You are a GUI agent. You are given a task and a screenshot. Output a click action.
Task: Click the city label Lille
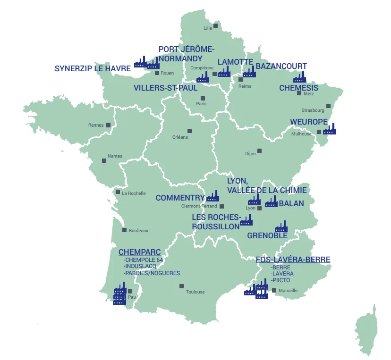click(208, 28)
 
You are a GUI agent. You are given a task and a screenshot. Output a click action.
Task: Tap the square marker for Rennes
click(109, 125)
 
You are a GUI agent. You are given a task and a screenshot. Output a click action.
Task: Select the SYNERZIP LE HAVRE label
click(92, 69)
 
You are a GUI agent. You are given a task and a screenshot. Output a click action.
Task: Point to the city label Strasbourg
click(313, 110)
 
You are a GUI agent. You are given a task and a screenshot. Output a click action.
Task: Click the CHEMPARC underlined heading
click(139, 252)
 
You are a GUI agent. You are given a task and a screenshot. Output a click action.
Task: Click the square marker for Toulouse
click(181, 286)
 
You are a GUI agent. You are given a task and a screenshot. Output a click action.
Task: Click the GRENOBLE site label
click(267, 235)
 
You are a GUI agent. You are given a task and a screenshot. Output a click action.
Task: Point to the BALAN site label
click(291, 204)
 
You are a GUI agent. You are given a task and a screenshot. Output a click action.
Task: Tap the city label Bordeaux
click(138, 231)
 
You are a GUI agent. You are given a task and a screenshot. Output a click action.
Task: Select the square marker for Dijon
click(259, 151)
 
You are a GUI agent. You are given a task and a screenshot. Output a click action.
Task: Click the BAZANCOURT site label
click(281, 67)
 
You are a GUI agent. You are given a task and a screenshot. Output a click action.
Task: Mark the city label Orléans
click(180, 137)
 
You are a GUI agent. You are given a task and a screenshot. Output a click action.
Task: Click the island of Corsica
click(367, 330)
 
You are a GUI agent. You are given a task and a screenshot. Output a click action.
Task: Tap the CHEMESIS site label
click(298, 88)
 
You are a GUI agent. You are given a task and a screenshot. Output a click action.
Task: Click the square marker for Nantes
click(104, 161)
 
